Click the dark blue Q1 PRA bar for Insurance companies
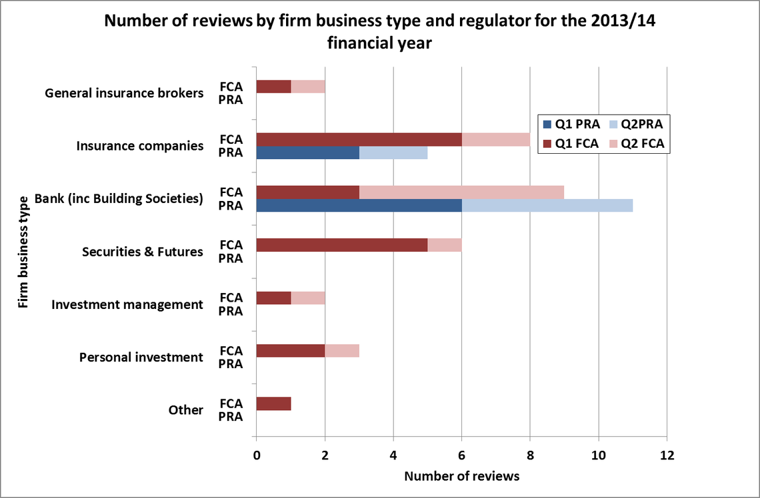(x=308, y=152)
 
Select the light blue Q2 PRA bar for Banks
(x=547, y=205)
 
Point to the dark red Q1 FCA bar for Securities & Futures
(x=342, y=245)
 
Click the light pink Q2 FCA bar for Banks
(x=462, y=192)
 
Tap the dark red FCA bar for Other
(x=274, y=403)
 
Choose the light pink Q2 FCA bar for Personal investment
(x=342, y=351)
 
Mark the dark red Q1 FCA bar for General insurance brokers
(x=274, y=87)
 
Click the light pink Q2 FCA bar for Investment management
(x=308, y=298)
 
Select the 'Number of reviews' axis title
(x=461, y=476)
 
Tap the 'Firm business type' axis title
(x=23, y=252)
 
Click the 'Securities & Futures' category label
(x=142, y=252)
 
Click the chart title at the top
(x=381, y=32)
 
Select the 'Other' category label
(x=185, y=410)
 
